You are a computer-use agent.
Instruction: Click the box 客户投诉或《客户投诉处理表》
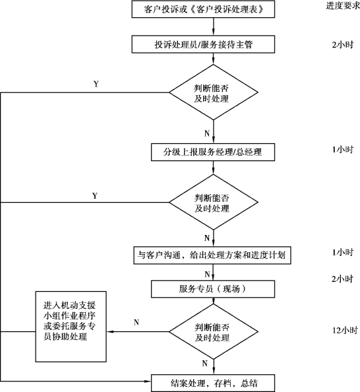coord(203,9)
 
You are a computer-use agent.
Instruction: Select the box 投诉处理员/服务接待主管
coord(203,44)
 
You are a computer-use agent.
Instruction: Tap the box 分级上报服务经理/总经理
coord(213,152)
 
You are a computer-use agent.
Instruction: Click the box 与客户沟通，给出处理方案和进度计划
coord(212,255)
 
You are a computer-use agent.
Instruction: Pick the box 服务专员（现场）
coord(213,289)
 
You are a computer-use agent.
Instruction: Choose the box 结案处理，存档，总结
coord(213,383)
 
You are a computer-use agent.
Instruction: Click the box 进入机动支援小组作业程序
coord(71,327)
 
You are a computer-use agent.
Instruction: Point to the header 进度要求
coord(343,5)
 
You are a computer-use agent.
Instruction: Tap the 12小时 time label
coord(345,330)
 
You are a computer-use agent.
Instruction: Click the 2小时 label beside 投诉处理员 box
coord(342,44)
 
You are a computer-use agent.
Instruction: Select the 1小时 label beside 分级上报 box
coord(342,150)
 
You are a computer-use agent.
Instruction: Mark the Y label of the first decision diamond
coord(96,84)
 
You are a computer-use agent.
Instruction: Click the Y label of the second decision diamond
coord(95,195)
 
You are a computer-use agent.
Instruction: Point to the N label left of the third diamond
coord(136,322)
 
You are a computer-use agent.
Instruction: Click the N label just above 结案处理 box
coord(205,363)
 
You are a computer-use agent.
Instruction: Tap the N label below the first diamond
coord(207,133)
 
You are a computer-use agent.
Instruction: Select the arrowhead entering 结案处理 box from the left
coord(148,381)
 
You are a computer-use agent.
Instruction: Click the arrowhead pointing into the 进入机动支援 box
coord(110,332)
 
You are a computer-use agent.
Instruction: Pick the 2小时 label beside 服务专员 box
coord(342,278)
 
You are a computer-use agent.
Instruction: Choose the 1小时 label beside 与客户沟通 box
coord(342,252)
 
